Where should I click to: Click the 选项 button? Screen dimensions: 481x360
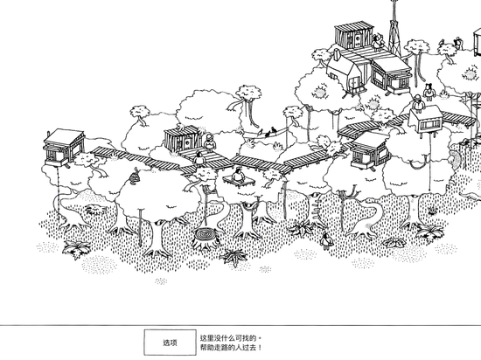[x=170, y=343]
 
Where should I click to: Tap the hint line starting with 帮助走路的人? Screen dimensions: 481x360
[x=231, y=348]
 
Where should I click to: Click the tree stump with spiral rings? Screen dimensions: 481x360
[x=205, y=238]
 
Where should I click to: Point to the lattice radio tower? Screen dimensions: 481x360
[x=394, y=29]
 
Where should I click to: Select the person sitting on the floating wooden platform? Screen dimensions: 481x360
[x=237, y=176]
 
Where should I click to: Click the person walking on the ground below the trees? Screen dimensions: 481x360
[x=326, y=240]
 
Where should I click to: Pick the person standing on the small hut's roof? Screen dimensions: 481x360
[x=418, y=104]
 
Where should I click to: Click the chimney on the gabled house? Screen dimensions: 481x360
[x=329, y=55]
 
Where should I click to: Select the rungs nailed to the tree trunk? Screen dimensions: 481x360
[x=316, y=210]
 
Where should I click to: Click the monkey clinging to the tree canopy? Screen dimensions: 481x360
[x=134, y=177]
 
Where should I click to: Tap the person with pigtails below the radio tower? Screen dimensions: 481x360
[x=429, y=91]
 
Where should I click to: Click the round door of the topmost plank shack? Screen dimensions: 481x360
[x=358, y=38]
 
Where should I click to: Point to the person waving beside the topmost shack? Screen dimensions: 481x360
[x=378, y=41]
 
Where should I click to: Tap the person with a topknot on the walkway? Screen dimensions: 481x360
[x=199, y=158]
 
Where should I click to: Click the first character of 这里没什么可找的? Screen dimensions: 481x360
[x=203, y=338]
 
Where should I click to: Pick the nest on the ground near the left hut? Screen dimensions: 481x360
[x=95, y=210]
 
